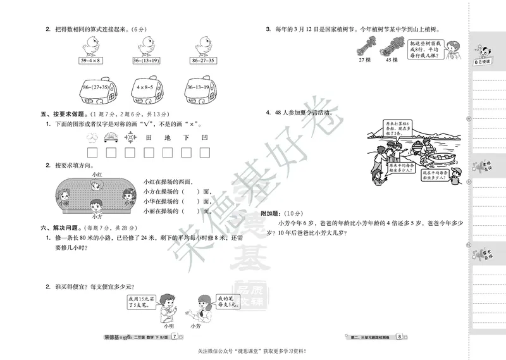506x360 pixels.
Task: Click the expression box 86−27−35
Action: (x=202, y=61)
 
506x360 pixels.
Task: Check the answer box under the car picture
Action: (x=111, y=152)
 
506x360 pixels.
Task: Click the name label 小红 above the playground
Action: (x=96, y=173)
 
